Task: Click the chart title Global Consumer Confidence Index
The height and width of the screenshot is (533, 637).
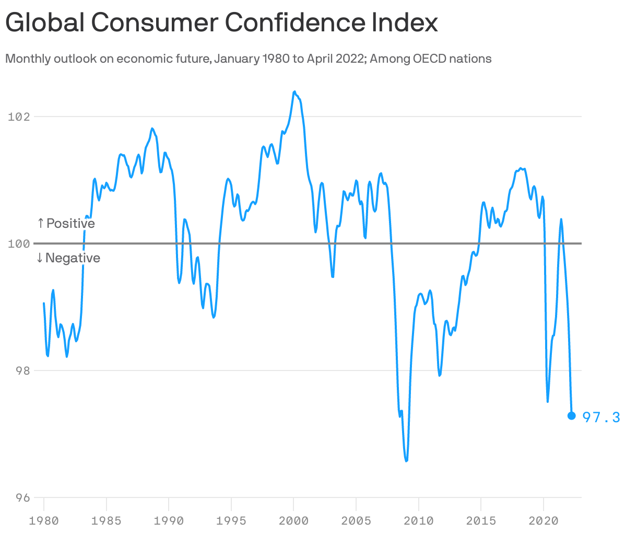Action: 221,23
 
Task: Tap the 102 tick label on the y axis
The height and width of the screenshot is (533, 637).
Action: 19,117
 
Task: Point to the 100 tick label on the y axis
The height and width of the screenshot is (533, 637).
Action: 19,244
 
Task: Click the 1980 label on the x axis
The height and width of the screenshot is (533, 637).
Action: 44,521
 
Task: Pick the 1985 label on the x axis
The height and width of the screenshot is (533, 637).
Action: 107,521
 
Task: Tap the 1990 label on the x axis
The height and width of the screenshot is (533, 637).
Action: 169,521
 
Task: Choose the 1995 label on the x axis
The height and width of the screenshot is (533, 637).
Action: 231,521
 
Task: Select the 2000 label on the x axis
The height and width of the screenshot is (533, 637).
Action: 293,521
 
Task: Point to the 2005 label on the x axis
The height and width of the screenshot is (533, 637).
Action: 356,521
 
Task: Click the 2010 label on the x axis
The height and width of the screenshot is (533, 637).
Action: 419,521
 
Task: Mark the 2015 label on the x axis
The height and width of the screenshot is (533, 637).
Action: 481,521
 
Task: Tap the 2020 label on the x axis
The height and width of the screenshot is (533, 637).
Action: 544,521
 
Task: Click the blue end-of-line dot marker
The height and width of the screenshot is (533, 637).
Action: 571,415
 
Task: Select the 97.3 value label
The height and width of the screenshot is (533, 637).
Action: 601,417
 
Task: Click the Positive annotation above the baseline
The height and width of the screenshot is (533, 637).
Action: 66,224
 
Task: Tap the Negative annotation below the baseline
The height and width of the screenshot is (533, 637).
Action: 68,258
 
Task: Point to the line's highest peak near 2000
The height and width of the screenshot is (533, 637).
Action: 294,92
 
